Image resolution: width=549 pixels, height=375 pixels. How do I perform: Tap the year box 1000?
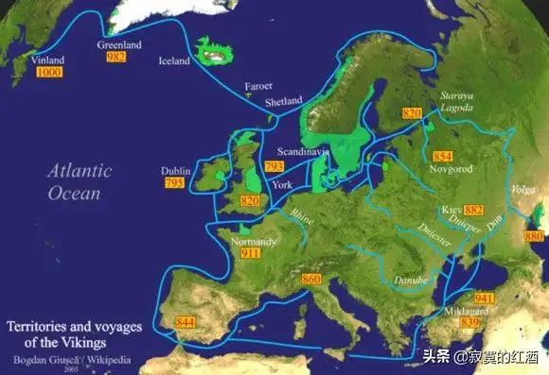tap(49, 72)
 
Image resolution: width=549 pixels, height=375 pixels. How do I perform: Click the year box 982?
tap(115, 58)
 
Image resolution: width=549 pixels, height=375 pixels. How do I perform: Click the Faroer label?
tap(258, 86)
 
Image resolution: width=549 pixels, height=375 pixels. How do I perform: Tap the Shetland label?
tap(284, 101)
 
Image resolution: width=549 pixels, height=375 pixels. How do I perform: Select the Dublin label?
tap(176, 171)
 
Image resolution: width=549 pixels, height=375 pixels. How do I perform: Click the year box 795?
tap(173, 183)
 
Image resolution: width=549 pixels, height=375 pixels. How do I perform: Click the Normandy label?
tap(254, 242)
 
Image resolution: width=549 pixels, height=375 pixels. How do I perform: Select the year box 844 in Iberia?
tap(186, 323)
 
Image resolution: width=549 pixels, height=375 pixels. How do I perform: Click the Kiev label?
tap(451, 209)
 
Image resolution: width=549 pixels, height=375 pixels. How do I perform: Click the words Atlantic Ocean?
tap(80, 181)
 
